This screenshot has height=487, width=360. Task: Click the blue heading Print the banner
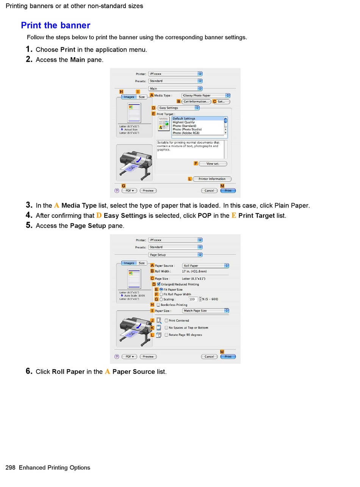(x=55, y=25)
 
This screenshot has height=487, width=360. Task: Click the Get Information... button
(x=196, y=102)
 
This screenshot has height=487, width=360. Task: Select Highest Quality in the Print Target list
(x=184, y=122)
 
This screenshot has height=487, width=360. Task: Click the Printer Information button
(x=212, y=179)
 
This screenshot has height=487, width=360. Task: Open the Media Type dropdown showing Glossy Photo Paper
(x=206, y=96)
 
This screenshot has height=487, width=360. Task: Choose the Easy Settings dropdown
(x=178, y=108)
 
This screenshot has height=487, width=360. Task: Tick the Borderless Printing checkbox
(x=158, y=305)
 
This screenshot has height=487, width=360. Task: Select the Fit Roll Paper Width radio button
(x=161, y=294)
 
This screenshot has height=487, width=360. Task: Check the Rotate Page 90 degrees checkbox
(x=166, y=335)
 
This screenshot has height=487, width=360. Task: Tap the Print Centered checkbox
(x=166, y=321)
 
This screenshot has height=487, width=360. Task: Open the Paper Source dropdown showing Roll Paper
(x=206, y=266)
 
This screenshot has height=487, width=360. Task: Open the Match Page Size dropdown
(x=206, y=311)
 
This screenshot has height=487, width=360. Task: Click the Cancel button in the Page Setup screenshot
(x=209, y=357)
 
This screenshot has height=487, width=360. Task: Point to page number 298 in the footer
(x=10, y=468)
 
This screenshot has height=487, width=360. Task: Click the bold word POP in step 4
(x=205, y=216)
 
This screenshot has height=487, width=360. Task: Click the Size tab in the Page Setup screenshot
(x=142, y=263)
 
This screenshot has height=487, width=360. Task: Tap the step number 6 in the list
(x=29, y=371)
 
